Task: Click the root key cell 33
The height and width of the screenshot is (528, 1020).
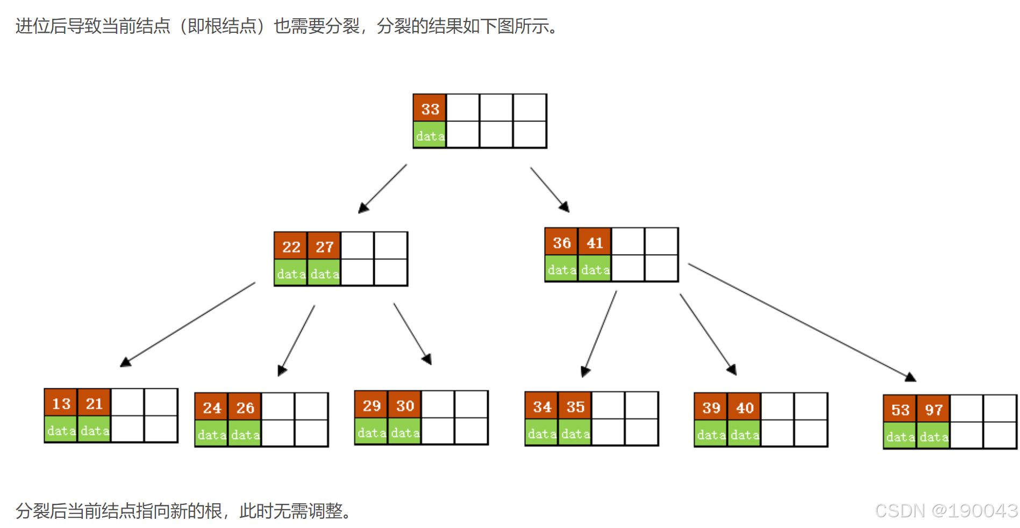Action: click(x=430, y=109)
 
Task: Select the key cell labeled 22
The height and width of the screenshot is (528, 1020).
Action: click(x=291, y=247)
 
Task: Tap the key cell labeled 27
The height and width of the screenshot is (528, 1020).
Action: click(x=324, y=247)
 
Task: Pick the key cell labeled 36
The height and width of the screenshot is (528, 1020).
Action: click(x=561, y=243)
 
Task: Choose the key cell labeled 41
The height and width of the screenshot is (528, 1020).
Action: click(x=595, y=243)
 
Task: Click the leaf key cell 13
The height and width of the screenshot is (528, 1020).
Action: click(x=61, y=403)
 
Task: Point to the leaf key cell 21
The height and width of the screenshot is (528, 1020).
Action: click(x=94, y=403)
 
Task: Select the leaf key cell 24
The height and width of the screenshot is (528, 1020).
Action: click(x=212, y=408)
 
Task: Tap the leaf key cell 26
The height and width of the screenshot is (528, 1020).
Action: click(x=245, y=408)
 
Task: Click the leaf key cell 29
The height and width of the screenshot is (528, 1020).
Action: click(x=372, y=406)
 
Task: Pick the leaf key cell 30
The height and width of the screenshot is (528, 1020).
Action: click(x=405, y=406)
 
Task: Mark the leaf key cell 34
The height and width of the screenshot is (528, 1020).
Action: click(x=542, y=407)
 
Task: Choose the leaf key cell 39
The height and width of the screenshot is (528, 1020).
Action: click(x=711, y=408)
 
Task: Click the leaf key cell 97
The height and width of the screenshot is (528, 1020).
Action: click(x=933, y=410)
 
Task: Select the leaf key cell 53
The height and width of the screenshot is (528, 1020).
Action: click(x=900, y=410)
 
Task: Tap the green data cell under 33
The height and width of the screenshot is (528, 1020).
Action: click(x=430, y=136)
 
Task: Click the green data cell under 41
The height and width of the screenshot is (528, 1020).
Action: click(x=595, y=270)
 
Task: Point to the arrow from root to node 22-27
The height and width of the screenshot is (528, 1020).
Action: click(x=383, y=188)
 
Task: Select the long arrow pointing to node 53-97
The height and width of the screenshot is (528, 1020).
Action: click(x=801, y=322)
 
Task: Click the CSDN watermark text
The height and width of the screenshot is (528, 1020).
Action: click(x=946, y=510)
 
